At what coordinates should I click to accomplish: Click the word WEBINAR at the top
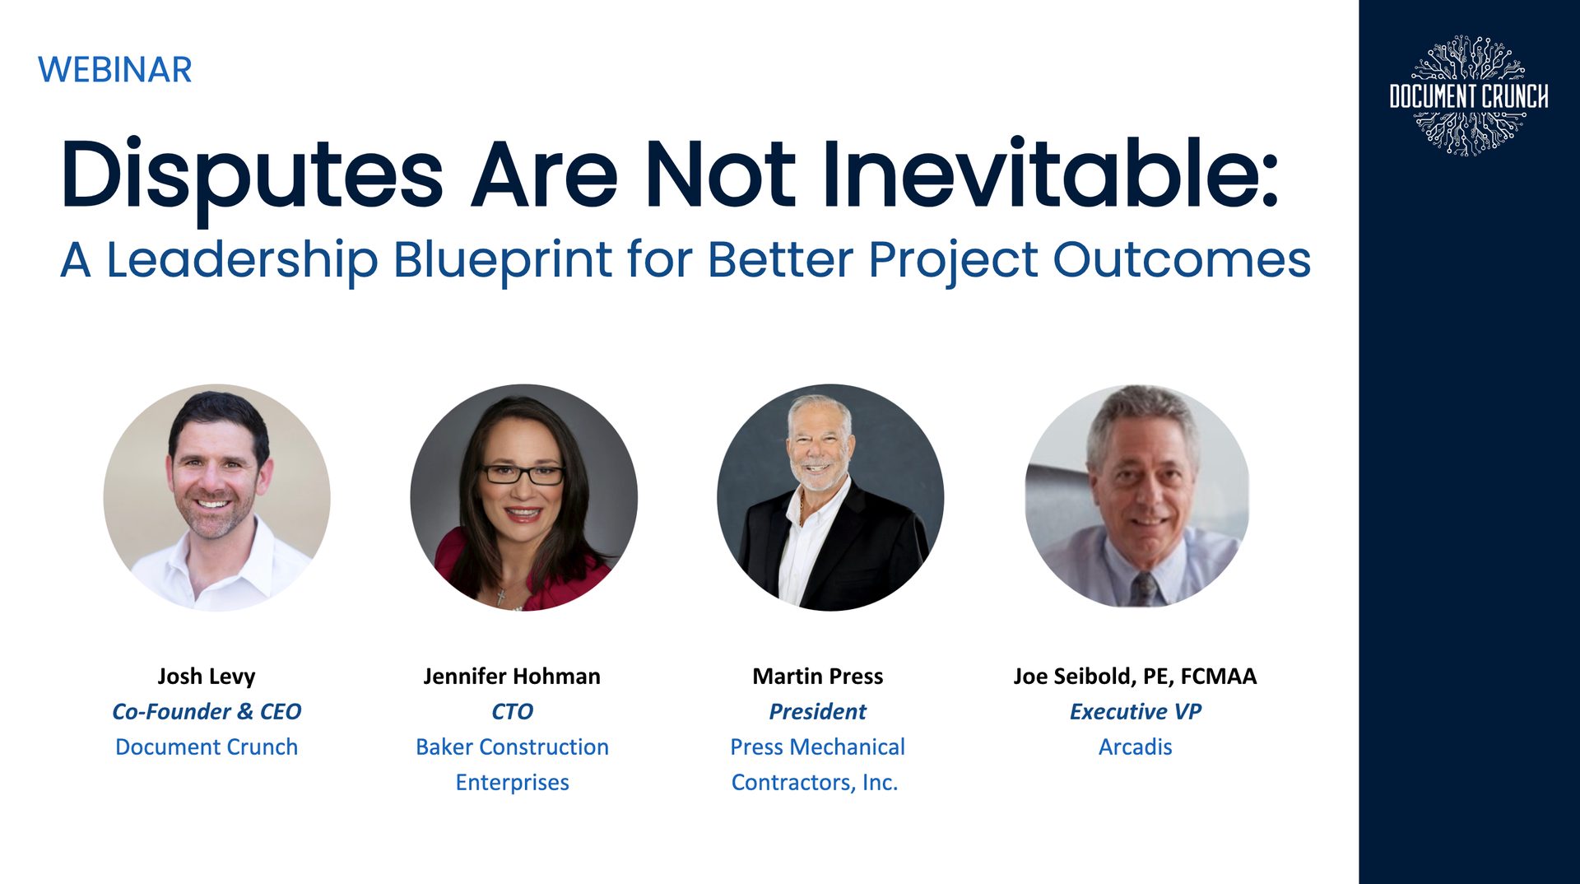point(114,70)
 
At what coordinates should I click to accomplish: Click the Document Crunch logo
point(1468,95)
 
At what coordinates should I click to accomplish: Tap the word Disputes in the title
point(251,175)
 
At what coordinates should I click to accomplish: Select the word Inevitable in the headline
point(1049,175)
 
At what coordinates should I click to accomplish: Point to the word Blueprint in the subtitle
point(502,260)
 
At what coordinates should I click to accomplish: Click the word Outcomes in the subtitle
point(1182,260)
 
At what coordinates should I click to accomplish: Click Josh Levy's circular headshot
point(216,497)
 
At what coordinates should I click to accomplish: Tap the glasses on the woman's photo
point(522,475)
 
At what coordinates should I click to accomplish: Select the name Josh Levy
point(207,676)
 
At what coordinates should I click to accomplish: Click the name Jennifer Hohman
point(512,676)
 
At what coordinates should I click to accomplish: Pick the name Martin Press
point(817,676)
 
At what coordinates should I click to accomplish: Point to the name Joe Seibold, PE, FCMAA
point(1135,676)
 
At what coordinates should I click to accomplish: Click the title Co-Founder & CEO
point(207,711)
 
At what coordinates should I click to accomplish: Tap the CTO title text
point(512,711)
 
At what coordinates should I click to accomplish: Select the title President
point(817,711)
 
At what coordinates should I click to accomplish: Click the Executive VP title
point(1135,711)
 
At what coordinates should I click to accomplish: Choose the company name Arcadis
point(1135,747)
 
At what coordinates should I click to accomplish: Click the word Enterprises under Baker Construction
point(512,782)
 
